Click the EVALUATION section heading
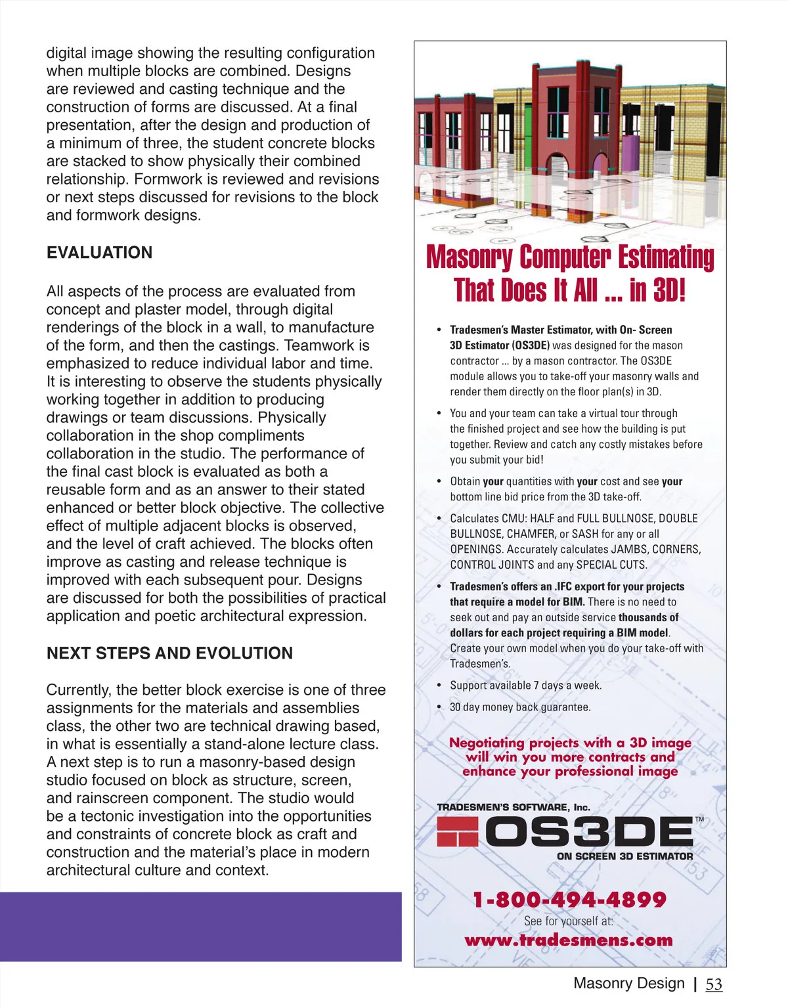tap(99, 253)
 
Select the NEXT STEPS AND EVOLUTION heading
tap(169, 653)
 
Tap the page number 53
tap(714, 984)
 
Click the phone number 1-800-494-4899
tap(569, 899)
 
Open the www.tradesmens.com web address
tap(569, 940)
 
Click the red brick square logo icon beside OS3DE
tap(457, 832)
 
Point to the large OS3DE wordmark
tap(589, 833)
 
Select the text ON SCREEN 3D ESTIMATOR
tap(624, 856)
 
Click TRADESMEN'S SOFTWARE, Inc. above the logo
tap(514, 807)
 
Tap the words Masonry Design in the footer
tap(628, 984)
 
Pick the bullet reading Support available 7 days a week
tap(525, 686)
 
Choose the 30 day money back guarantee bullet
tap(520, 707)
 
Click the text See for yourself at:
tap(569, 921)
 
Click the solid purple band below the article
tap(200, 927)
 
